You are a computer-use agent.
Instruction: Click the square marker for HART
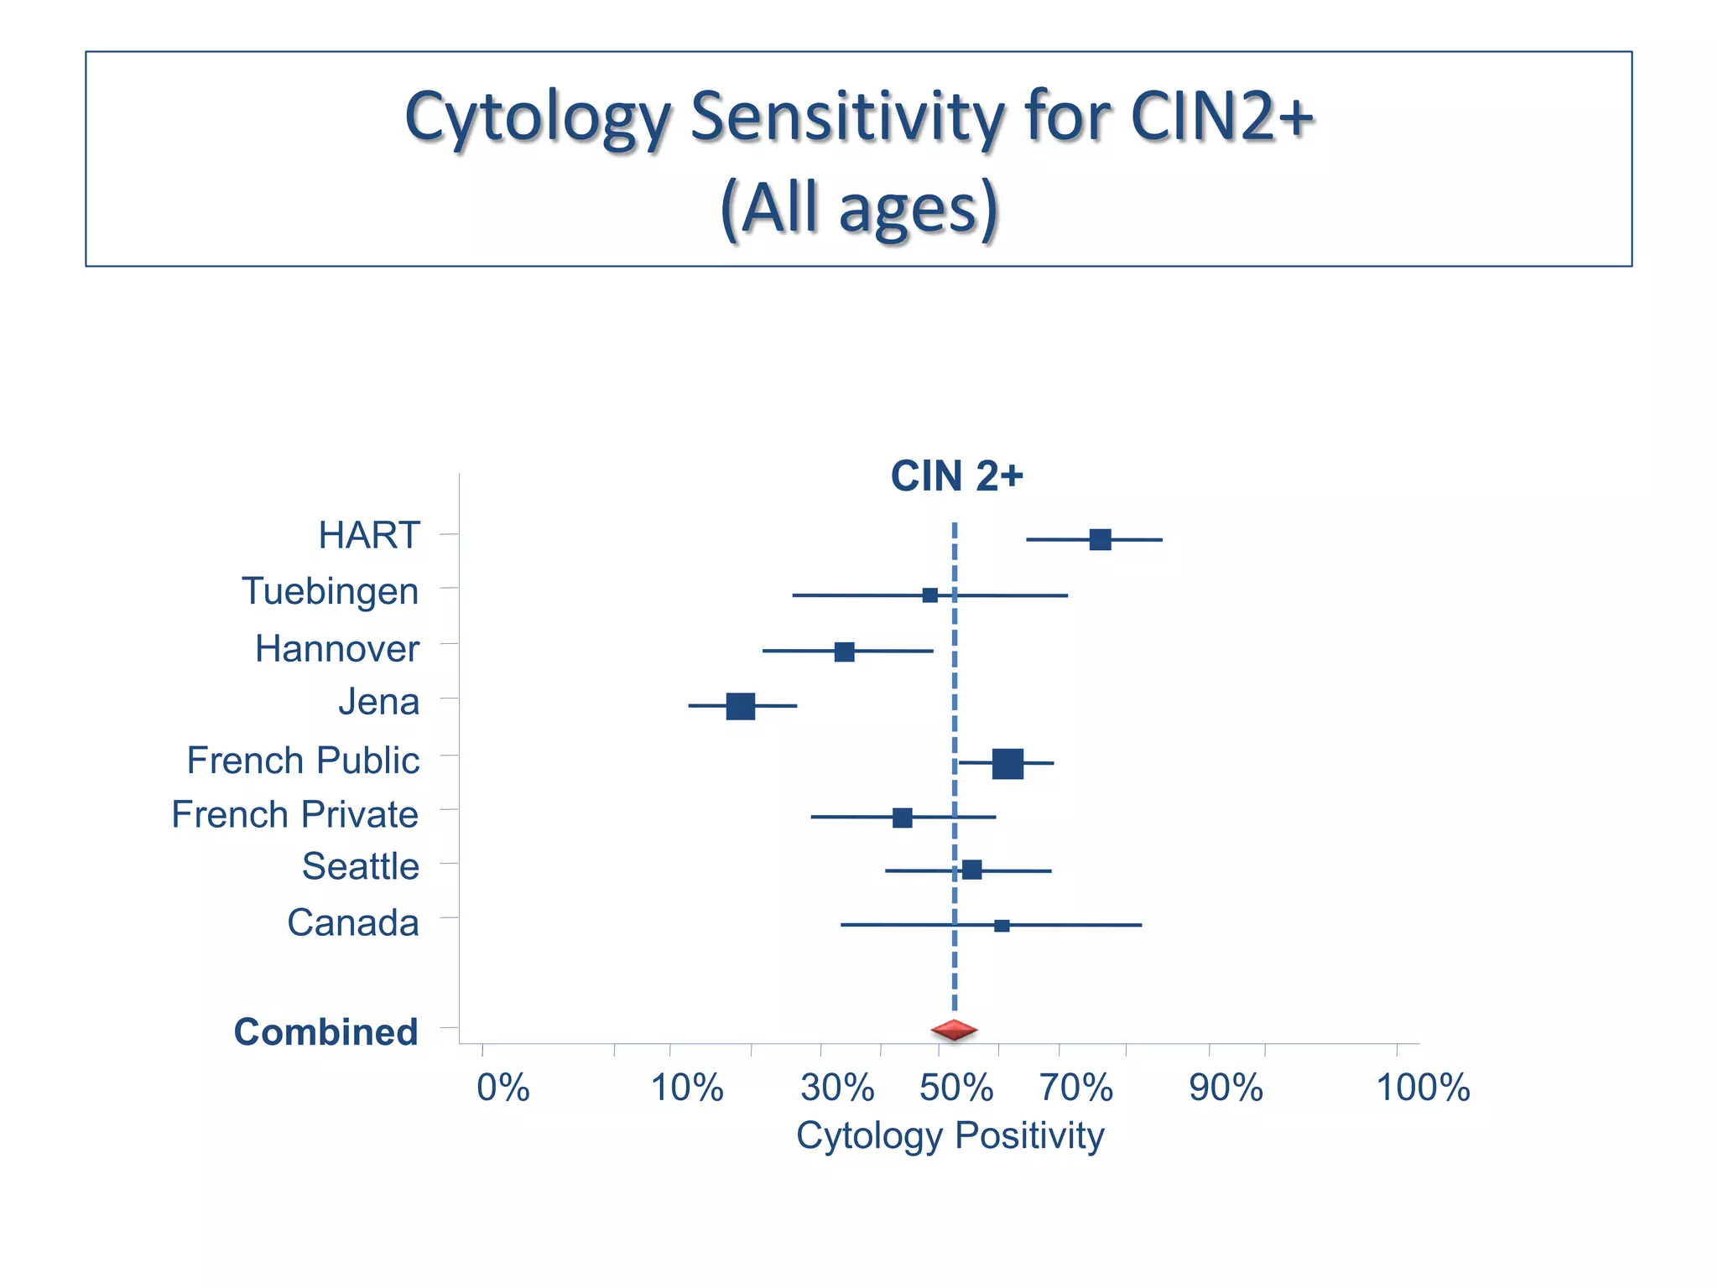[1100, 539]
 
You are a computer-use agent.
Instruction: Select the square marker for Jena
[740, 706]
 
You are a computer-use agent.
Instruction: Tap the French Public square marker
[1007, 763]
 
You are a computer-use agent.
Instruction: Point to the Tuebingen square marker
[929, 595]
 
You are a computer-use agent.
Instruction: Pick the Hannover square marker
[844, 652]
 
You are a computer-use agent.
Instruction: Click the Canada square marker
[1002, 926]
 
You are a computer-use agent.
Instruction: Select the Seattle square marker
[971, 870]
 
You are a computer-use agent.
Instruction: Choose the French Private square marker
[902, 818]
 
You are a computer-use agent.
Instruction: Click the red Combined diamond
[954, 1030]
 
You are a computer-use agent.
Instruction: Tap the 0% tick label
[502, 1088]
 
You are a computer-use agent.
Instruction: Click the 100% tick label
[1423, 1088]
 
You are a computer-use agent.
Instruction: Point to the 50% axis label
[955, 1088]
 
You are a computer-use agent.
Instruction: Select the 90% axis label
[1226, 1088]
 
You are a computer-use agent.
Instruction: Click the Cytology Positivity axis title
[950, 1136]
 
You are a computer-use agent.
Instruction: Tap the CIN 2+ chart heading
[956, 476]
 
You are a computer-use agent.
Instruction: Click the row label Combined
[325, 1031]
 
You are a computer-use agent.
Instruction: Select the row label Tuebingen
[330, 591]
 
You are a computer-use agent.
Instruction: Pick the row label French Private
[294, 814]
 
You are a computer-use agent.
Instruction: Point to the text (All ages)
[859, 207]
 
